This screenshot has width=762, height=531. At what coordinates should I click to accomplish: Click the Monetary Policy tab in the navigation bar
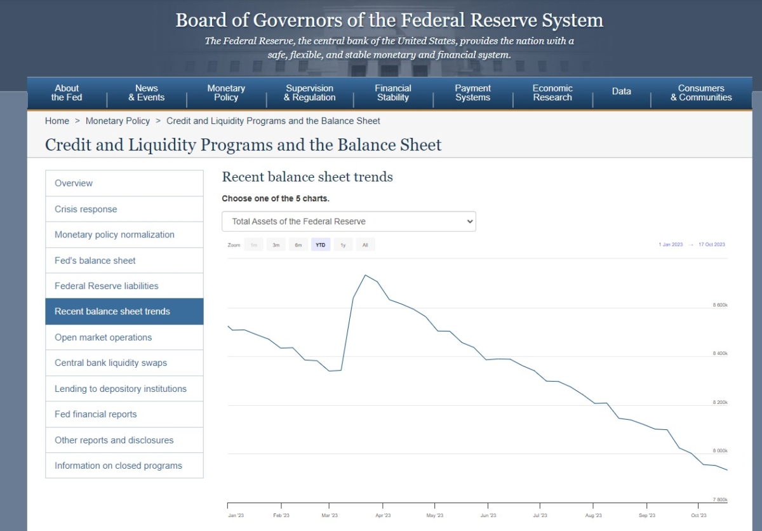225,93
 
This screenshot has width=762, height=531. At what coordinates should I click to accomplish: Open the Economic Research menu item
552,93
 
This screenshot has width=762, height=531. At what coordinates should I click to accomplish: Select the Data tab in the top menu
621,91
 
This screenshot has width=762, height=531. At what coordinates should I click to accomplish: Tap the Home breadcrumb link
57,121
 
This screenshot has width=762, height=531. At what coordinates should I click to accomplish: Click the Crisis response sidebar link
86,209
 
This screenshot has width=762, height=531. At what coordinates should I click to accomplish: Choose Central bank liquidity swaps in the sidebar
110,363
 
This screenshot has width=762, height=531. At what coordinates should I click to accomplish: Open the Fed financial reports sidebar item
96,414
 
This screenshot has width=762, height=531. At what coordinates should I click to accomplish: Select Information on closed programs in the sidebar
118,466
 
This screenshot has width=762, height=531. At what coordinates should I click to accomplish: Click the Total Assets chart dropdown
349,222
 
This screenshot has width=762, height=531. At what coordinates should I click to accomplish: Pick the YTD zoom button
321,245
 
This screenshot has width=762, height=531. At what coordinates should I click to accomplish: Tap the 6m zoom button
298,245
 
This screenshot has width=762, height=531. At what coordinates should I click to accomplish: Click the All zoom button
365,245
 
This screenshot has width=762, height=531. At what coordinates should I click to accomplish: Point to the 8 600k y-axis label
719,306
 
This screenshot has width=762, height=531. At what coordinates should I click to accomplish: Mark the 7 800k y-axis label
719,500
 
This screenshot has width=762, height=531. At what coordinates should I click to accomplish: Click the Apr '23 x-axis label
383,516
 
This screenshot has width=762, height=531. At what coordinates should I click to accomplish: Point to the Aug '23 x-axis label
594,516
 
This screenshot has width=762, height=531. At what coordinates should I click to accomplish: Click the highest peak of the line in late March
365,275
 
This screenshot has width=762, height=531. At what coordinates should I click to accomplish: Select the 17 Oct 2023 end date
711,245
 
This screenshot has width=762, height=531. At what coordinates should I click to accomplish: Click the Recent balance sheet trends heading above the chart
307,177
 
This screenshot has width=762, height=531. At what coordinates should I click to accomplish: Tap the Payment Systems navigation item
472,93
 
